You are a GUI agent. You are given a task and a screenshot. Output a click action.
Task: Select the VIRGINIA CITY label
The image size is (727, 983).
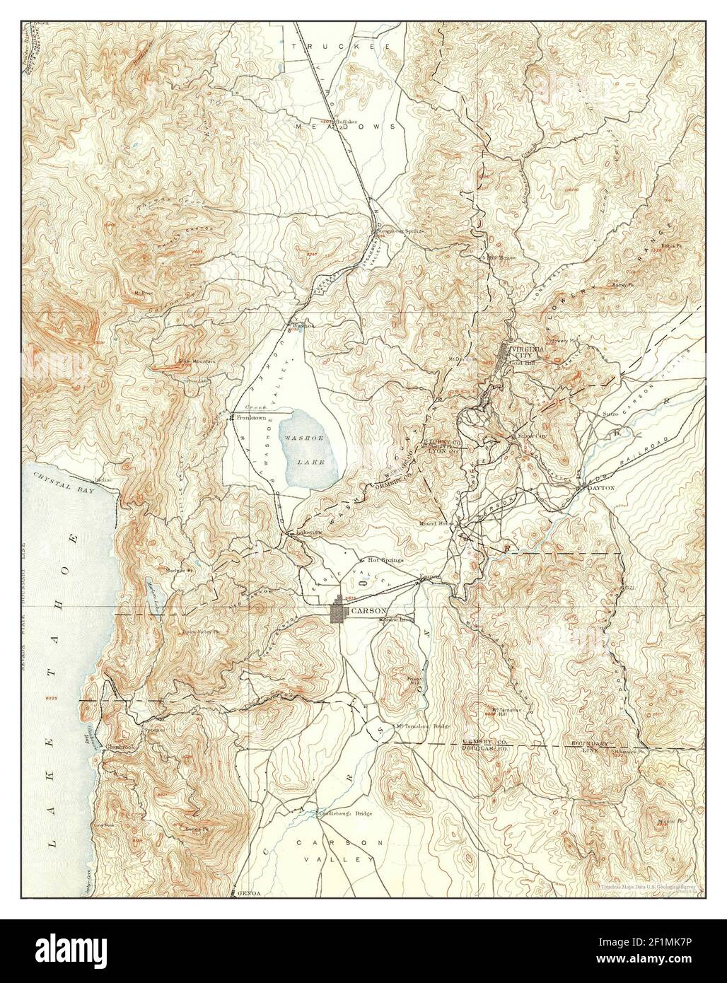coord(528,351)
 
